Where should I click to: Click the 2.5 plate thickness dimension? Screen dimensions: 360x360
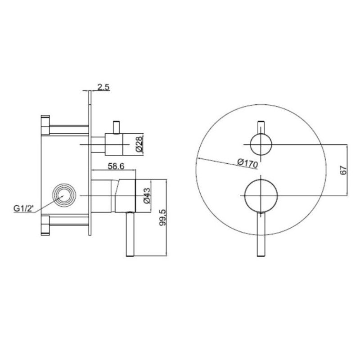tap(103, 87)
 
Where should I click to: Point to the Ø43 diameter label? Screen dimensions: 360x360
tap(146, 196)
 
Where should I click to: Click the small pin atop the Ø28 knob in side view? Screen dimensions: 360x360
tap(117, 127)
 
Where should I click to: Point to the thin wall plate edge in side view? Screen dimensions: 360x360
tap(90, 162)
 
